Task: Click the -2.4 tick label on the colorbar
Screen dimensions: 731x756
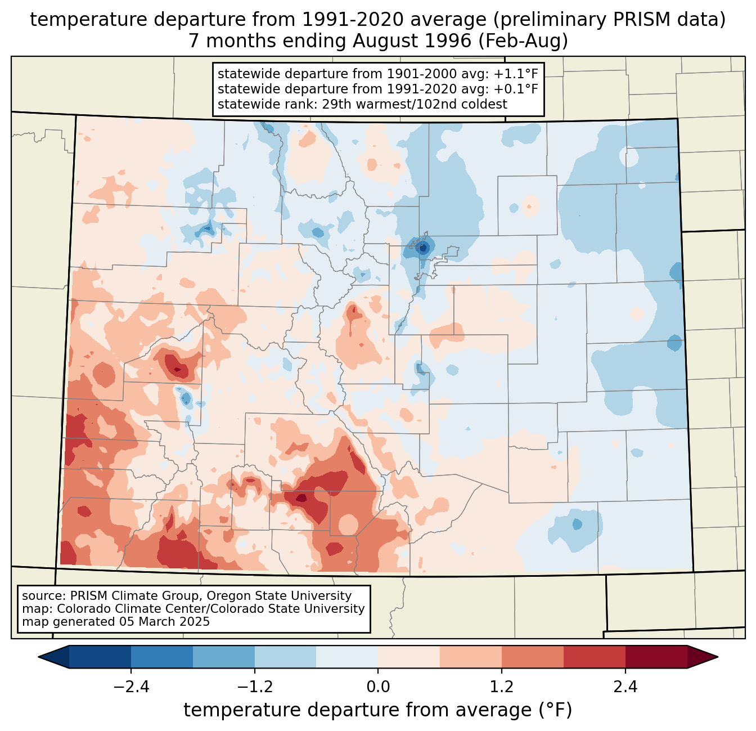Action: pos(131,687)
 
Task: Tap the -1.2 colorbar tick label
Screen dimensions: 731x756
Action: pos(254,687)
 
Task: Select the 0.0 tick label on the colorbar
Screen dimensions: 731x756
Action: pos(378,687)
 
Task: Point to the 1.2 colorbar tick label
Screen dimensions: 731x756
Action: pos(501,687)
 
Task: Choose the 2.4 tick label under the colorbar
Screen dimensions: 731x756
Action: pos(625,687)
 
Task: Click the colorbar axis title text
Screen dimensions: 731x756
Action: pos(377,710)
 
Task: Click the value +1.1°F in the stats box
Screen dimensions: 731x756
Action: pos(516,74)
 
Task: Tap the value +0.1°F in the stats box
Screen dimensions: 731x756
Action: pos(516,89)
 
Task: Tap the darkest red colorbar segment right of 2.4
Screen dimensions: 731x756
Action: pos(656,657)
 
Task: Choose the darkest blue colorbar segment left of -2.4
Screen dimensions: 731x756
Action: pos(100,657)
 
